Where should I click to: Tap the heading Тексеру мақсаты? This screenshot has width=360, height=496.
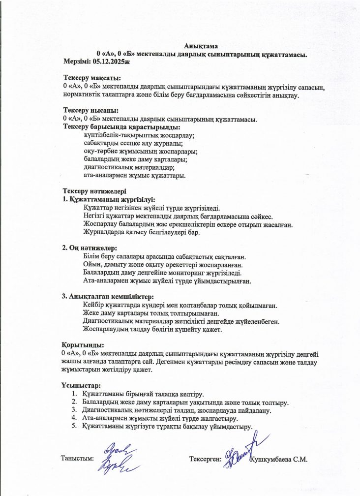point(92,78)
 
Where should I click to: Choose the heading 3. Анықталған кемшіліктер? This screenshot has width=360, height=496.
point(108,297)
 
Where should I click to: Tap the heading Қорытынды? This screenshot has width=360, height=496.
point(83,345)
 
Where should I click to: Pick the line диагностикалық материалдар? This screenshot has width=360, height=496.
point(129,167)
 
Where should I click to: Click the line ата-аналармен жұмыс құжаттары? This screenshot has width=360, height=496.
point(134,175)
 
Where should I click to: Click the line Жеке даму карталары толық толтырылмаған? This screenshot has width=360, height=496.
point(151,313)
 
